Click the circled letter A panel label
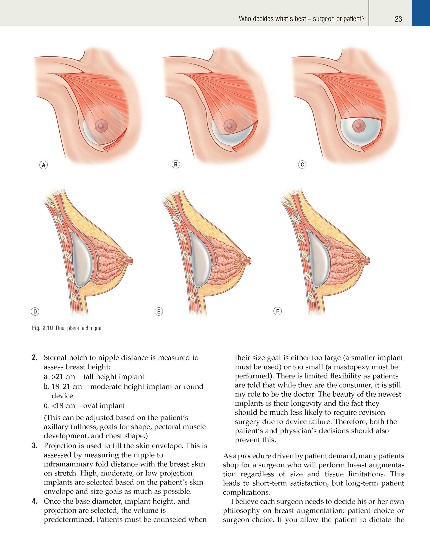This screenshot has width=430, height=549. [44, 165]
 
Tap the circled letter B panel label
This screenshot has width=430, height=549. [176, 164]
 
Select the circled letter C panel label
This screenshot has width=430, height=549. [302, 165]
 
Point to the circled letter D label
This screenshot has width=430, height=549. [35, 311]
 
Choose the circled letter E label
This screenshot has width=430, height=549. [159, 311]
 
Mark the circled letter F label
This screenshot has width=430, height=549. [277, 311]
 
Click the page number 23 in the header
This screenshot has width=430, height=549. [398, 19]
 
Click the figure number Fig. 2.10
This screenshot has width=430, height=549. [42, 328]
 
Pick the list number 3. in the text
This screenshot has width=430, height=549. [35, 446]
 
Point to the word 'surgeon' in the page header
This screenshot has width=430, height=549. [324, 19]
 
